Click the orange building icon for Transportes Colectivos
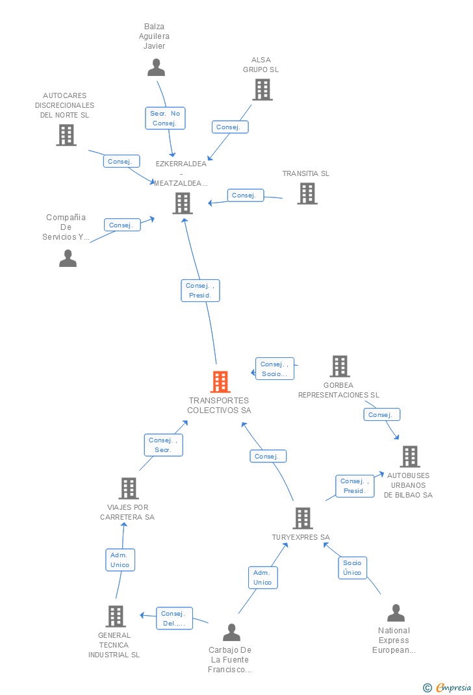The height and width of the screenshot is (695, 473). (x=220, y=382)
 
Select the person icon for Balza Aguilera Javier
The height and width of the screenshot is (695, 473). (x=156, y=68)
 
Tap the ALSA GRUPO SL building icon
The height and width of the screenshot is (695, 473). (x=262, y=90)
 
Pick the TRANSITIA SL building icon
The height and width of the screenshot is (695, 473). (x=307, y=194)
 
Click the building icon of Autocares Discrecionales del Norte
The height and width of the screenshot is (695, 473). (x=66, y=134)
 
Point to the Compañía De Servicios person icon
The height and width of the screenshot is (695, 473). (x=68, y=258)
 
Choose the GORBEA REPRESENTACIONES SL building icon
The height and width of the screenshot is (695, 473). (x=340, y=366)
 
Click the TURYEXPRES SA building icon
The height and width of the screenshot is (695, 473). (x=303, y=518)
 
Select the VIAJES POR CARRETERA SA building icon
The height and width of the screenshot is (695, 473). (x=129, y=488)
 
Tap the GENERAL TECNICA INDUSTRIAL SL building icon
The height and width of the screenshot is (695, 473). (x=116, y=616)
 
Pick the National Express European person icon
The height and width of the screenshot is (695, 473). (x=396, y=613)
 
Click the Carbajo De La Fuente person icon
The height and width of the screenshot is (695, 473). (x=231, y=632)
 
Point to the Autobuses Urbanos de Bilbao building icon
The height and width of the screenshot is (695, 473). (x=410, y=457)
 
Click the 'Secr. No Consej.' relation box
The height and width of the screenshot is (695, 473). (x=165, y=118)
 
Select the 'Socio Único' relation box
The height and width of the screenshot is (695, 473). (x=352, y=568)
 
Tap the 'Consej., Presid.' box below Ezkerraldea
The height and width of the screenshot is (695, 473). (x=200, y=290)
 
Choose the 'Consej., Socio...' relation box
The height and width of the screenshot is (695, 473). (x=275, y=369)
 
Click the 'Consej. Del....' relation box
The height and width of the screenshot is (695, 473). (x=174, y=618)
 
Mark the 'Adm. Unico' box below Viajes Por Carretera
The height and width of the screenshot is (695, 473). (x=120, y=560)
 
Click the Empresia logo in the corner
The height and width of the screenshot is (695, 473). (x=447, y=687)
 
